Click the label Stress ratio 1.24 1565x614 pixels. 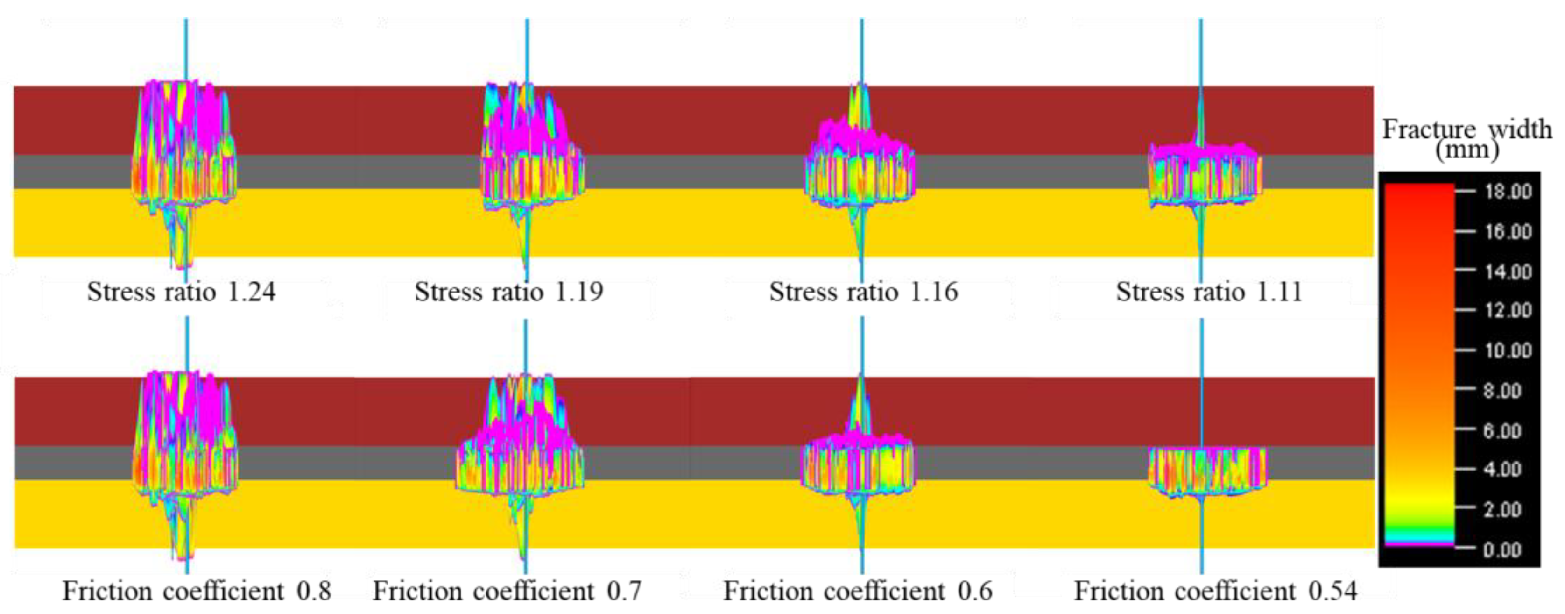(x=181, y=292)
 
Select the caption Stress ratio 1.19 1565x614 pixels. (x=508, y=292)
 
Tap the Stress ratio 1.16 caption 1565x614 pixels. (x=863, y=292)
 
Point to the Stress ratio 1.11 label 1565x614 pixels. (x=1209, y=292)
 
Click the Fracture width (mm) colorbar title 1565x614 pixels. (x=1466, y=139)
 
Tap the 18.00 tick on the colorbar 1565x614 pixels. (x=1508, y=192)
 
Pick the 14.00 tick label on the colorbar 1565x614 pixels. (x=1508, y=271)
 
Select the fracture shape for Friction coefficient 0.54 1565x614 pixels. (x=1206, y=471)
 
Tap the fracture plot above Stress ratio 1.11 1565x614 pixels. (x=1203, y=173)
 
